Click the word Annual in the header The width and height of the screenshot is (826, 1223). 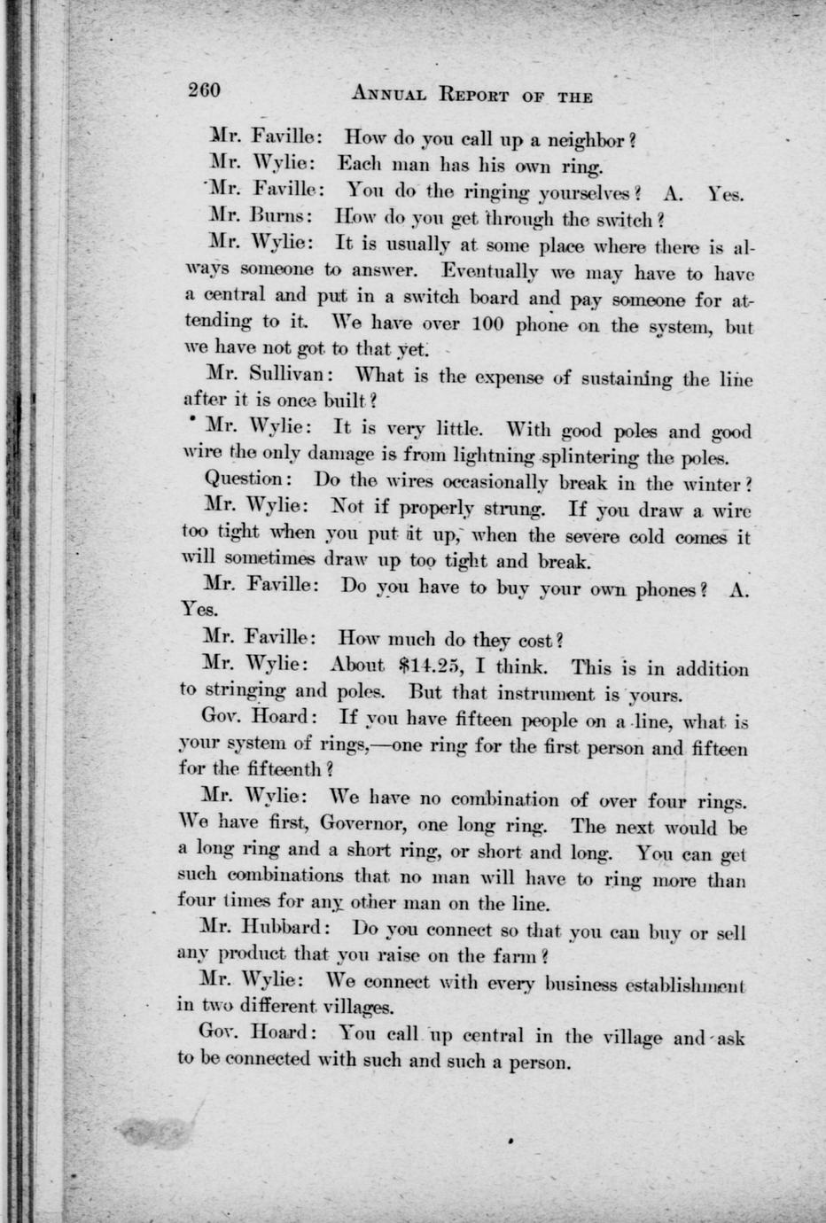tap(389, 94)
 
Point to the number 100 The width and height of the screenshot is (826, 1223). tap(476, 323)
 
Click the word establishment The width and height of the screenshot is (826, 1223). tap(675, 984)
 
